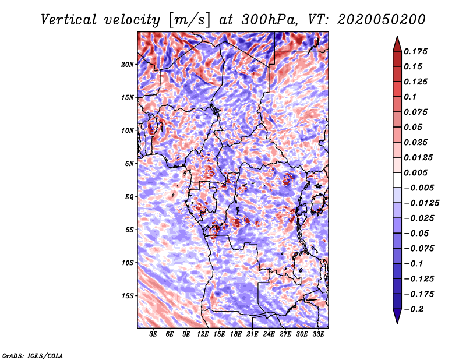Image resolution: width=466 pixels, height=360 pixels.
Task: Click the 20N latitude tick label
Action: click(x=128, y=65)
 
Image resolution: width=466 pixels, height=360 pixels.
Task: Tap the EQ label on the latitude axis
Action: click(x=129, y=197)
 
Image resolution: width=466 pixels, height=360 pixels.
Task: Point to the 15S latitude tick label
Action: click(x=128, y=296)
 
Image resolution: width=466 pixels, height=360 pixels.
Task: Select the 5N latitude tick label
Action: click(x=129, y=164)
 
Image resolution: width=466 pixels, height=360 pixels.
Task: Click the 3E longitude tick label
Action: click(x=153, y=334)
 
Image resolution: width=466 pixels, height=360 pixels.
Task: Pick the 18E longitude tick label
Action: click(x=236, y=334)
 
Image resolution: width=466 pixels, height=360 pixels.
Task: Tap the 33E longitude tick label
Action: click(x=318, y=334)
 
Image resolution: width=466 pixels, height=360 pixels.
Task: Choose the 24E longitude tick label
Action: click(x=269, y=334)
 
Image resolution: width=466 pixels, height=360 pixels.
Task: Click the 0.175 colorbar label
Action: click(x=415, y=51)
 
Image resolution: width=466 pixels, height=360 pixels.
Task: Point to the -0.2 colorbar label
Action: click(x=414, y=309)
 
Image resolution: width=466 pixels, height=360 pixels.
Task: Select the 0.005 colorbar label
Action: click(x=415, y=172)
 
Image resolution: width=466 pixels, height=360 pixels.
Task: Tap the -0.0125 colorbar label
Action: click(x=421, y=203)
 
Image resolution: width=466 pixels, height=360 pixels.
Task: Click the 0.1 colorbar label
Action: click(x=410, y=97)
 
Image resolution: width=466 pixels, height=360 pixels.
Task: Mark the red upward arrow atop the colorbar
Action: click(x=397, y=44)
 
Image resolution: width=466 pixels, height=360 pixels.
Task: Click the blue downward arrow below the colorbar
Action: click(x=397, y=316)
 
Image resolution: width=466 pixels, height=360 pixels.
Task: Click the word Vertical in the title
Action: click(x=69, y=20)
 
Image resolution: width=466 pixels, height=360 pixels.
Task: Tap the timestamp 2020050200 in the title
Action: click(x=382, y=20)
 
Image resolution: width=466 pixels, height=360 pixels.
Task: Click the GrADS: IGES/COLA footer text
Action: click(x=33, y=355)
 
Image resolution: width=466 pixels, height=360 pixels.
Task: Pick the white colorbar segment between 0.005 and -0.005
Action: click(x=397, y=180)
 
